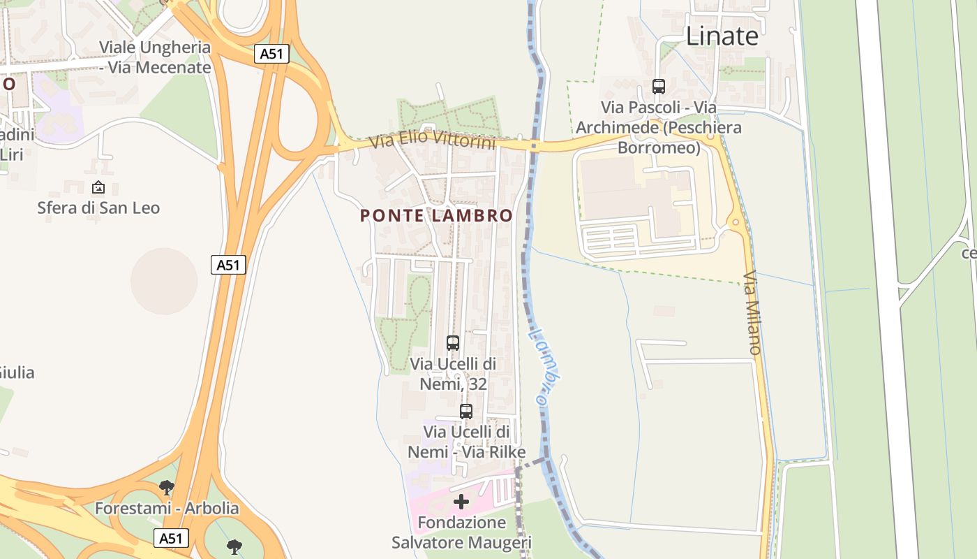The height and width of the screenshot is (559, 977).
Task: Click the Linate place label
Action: (x=722, y=36)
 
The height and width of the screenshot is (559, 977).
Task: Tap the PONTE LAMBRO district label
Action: (x=436, y=216)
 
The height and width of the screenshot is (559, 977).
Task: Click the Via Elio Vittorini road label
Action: (x=432, y=140)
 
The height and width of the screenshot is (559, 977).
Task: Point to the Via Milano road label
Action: (x=752, y=312)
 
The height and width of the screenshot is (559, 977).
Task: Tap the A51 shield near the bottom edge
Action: (x=171, y=538)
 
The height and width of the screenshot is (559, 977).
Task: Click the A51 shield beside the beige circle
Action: (x=228, y=265)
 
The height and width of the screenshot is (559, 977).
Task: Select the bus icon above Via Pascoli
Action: (x=658, y=87)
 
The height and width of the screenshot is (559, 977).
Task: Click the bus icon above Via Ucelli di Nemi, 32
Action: (x=453, y=343)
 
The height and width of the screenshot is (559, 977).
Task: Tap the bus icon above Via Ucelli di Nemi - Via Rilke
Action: (x=466, y=412)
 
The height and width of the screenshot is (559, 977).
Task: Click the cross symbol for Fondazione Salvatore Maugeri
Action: (x=461, y=502)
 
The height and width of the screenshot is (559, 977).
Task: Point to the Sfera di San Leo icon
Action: (x=98, y=187)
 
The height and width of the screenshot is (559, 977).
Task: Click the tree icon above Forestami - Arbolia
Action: (x=166, y=487)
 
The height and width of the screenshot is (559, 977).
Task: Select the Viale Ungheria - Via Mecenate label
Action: (x=155, y=57)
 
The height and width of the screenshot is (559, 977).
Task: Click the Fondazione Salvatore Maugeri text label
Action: (x=461, y=532)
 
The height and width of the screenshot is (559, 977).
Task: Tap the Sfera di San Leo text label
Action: (x=98, y=208)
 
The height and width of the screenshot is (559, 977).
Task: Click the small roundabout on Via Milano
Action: (x=736, y=223)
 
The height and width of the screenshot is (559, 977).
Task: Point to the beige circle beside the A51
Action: (x=164, y=281)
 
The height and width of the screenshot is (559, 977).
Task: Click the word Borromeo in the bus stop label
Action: (x=658, y=147)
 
